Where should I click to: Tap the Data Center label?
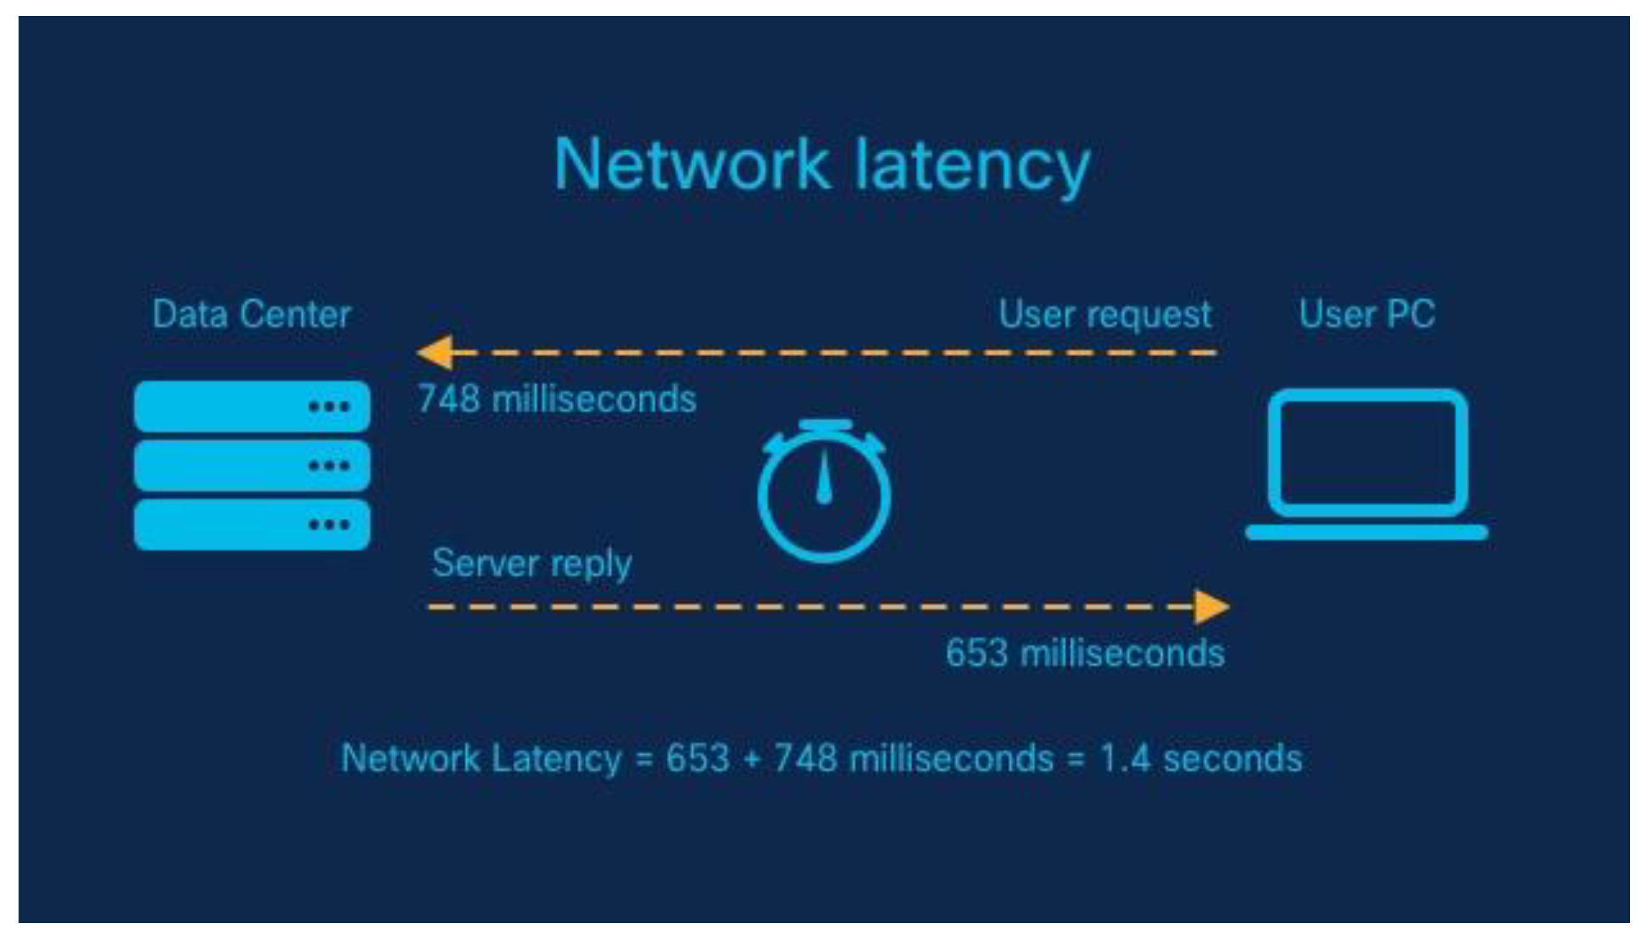tap(251, 314)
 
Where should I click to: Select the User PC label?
tap(1367, 314)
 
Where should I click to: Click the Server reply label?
tap(532, 564)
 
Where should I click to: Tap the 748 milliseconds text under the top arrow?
tap(557, 399)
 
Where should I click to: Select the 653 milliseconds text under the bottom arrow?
tap(1085, 654)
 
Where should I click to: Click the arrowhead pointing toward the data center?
tap(436, 352)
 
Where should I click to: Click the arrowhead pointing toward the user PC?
tap(1210, 606)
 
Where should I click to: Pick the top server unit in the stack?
tap(251, 406)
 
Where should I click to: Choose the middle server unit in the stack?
tap(251, 465)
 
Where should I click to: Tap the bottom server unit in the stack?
tap(251, 525)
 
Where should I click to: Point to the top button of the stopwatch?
tap(825, 425)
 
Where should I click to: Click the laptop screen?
tap(1367, 453)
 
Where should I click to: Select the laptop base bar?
tap(1367, 532)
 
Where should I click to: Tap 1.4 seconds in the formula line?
tap(1200, 759)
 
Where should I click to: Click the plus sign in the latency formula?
tap(751, 759)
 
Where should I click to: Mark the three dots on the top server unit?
tap(329, 406)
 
